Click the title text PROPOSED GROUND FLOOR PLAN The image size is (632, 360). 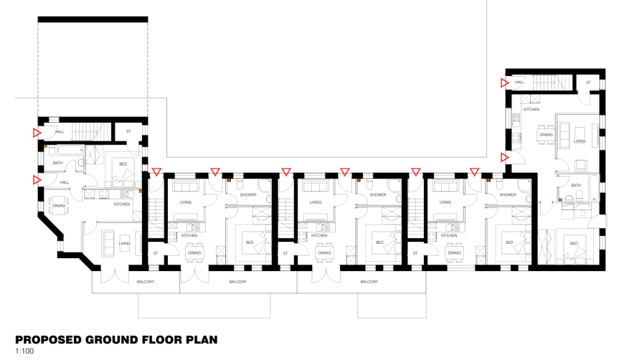[116, 340]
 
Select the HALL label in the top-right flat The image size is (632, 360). [520, 82]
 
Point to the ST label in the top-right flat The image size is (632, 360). [588, 82]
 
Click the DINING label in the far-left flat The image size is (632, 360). [59, 206]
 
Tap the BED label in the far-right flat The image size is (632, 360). [574, 243]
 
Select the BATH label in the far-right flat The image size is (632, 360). [576, 185]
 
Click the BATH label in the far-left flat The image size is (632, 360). [58, 163]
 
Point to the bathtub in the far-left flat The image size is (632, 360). [62, 151]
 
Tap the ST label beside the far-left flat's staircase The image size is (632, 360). [128, 131]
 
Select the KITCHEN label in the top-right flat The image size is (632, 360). [531, 109]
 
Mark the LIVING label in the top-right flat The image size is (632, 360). [579, 141]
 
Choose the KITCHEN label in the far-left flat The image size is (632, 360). [121, 204]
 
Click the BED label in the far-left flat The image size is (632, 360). [123, 164]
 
